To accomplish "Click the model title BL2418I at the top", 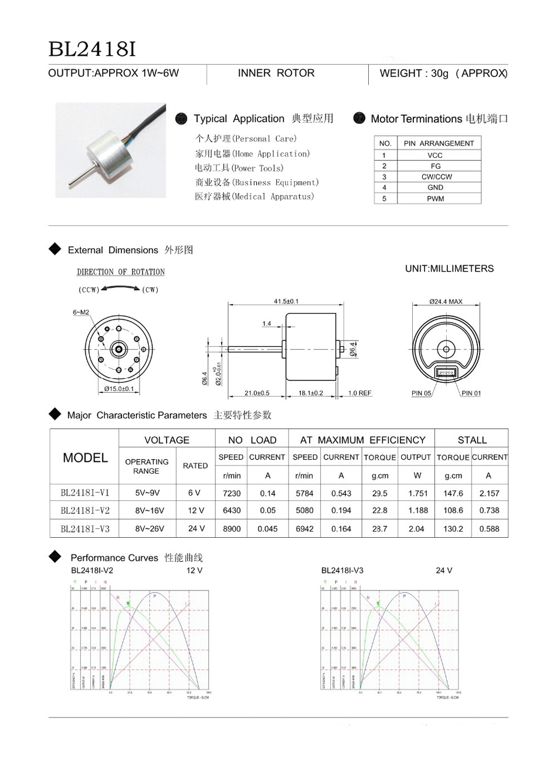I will [92, 49].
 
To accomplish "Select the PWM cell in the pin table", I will [436, 198].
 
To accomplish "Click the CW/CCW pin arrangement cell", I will [437, 177].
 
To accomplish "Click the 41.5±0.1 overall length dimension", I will [286, 301].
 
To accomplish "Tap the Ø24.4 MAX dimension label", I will [446, 301].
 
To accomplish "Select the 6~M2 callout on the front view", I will [81, 312].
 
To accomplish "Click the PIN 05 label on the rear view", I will [421, 393].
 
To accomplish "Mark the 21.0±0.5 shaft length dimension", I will [257, 393].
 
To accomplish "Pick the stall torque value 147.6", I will [453, 494].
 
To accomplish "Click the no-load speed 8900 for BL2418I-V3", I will [232, 529].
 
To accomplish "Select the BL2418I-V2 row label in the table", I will [85, 511].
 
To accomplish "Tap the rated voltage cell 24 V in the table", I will [196, 528].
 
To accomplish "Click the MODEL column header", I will [85, 458].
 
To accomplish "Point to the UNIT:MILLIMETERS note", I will [449, 269].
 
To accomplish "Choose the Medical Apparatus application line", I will [254, 197].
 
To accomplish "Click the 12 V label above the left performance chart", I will [195, 571].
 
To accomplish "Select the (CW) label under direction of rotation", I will [150, 289].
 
